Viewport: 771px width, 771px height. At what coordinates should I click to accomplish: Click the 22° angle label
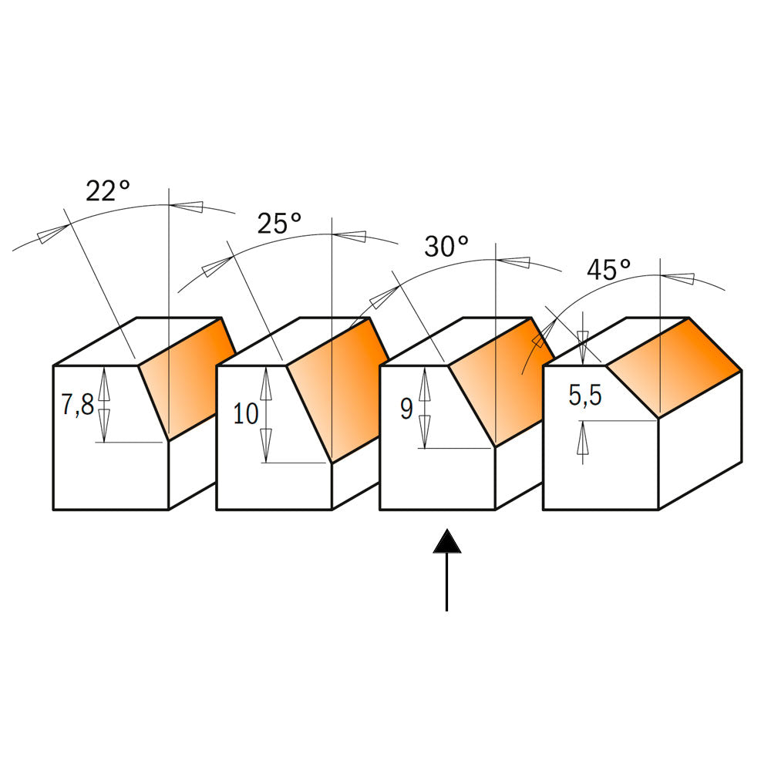tap(107, 190)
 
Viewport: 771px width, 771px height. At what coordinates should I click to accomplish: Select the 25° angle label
tap(279, 224)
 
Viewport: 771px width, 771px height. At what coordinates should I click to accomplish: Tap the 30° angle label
tap(446, 247)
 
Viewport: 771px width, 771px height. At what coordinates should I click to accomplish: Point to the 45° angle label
tap(609, 270)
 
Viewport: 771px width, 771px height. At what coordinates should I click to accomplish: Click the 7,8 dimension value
tap(77, 404)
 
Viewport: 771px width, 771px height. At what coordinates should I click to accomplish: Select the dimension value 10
tap(246, 414)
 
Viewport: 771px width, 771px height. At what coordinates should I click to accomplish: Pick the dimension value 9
tap(406, 409)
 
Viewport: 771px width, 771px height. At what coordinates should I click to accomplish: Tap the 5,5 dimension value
tap(587, 397)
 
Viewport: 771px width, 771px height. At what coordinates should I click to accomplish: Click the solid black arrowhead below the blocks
tap(447, 542)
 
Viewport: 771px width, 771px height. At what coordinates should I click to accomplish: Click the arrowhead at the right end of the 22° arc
tap(187, 206)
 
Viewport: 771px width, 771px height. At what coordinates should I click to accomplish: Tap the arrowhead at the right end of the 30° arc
tap(516, 261)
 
